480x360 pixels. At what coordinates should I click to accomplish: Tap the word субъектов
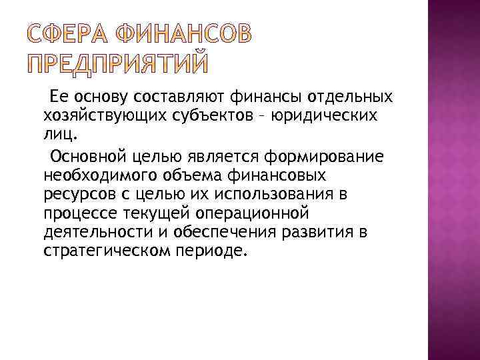coord(200,116)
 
